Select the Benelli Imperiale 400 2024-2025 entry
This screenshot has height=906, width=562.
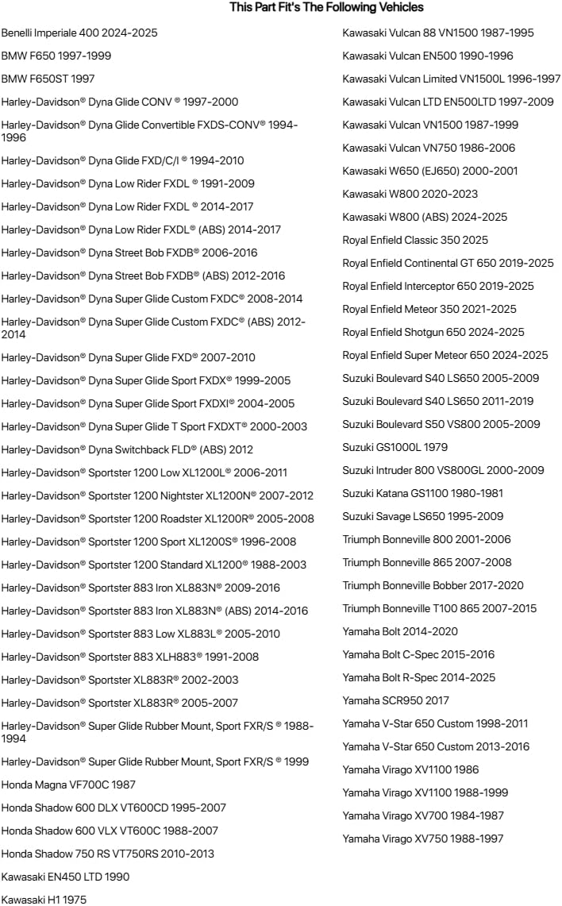click(x=79, y=33)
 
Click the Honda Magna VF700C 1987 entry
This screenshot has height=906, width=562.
click(x=68, y=785)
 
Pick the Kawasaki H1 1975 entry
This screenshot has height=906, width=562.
click(x=44, y=900)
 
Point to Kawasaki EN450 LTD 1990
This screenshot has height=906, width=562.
click(x=65, y=877)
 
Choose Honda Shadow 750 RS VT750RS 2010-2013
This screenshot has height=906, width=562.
click(x=107, y=854)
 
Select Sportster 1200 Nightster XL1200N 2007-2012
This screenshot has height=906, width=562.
click(x=157, y=495)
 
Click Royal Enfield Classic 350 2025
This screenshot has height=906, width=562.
click(x=415, y=240)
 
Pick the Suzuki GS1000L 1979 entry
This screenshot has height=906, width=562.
click(x=395, y=447)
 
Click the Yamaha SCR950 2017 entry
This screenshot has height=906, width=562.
click(x=395, y=700)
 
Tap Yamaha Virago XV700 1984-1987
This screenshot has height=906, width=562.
click(x=422, y=815)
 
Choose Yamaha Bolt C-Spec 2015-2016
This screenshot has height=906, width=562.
click(x=418, y=654)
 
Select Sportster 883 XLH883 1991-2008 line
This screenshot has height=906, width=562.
click(x=129, y=657)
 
